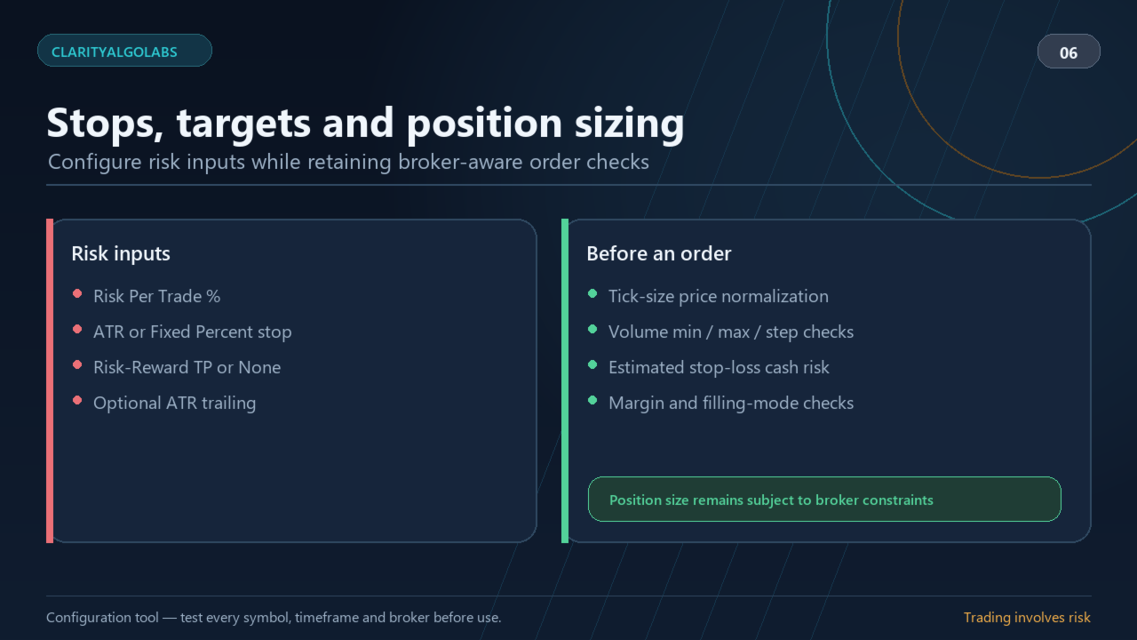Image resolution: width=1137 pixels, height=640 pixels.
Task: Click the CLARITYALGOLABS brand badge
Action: tap(124, 51)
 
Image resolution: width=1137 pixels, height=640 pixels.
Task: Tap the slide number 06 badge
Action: tap(1069, 52)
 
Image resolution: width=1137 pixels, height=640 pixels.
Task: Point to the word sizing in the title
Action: tap(630, 124)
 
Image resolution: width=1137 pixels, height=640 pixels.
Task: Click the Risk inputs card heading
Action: tap(121, 253)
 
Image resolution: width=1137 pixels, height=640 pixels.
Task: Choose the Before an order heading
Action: tap(659, 253)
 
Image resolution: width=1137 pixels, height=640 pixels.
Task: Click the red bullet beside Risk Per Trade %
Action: tap(77, 293)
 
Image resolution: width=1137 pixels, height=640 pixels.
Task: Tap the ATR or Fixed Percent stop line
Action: tap(193, 332)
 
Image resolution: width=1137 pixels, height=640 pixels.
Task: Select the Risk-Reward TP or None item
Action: tap(187, 367)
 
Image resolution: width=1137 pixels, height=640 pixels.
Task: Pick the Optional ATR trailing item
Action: tap(175, 403)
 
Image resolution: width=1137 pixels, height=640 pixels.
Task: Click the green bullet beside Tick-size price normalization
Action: tap(592, 293)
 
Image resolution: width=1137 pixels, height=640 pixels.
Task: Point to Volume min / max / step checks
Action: tap(731, 332)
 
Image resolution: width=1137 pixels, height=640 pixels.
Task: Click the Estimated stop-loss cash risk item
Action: tap(719, 367)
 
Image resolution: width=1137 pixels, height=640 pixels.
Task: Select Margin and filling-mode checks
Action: tap(731, 403)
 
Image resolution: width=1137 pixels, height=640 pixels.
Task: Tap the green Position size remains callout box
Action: tap(824, 500)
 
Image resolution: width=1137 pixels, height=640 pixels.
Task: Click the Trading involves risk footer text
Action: tap(1027, 618)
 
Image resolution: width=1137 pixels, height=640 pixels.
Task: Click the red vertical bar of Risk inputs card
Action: tap(50, 381)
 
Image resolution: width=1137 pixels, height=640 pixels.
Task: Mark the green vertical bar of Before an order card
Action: tap(565, 381)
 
